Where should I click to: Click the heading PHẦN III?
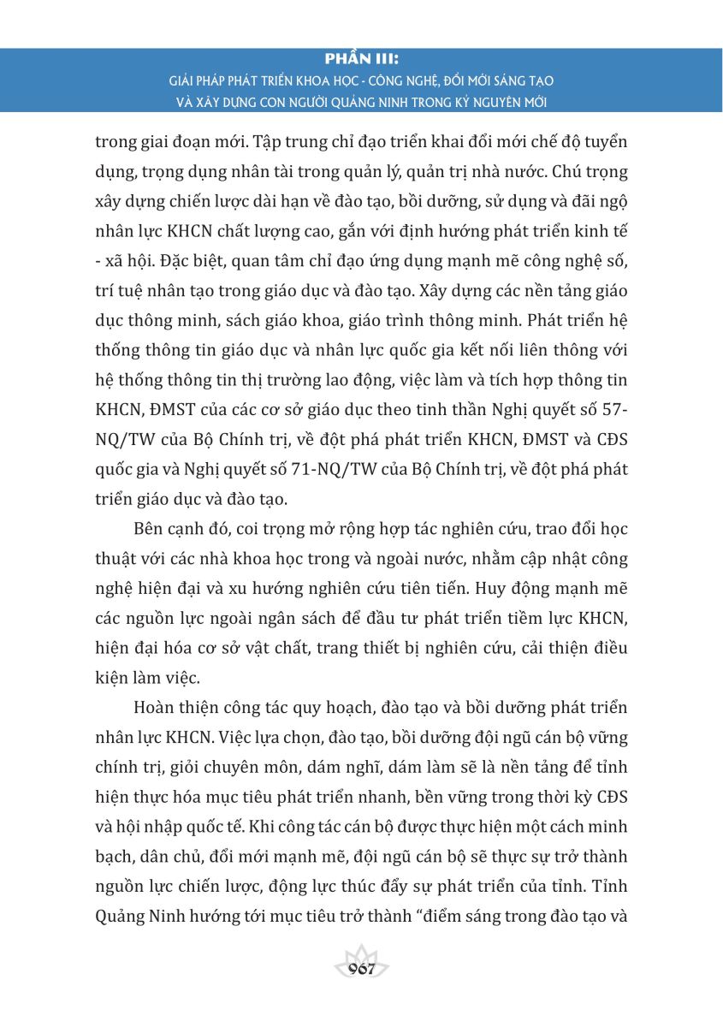[x=362, y=60]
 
